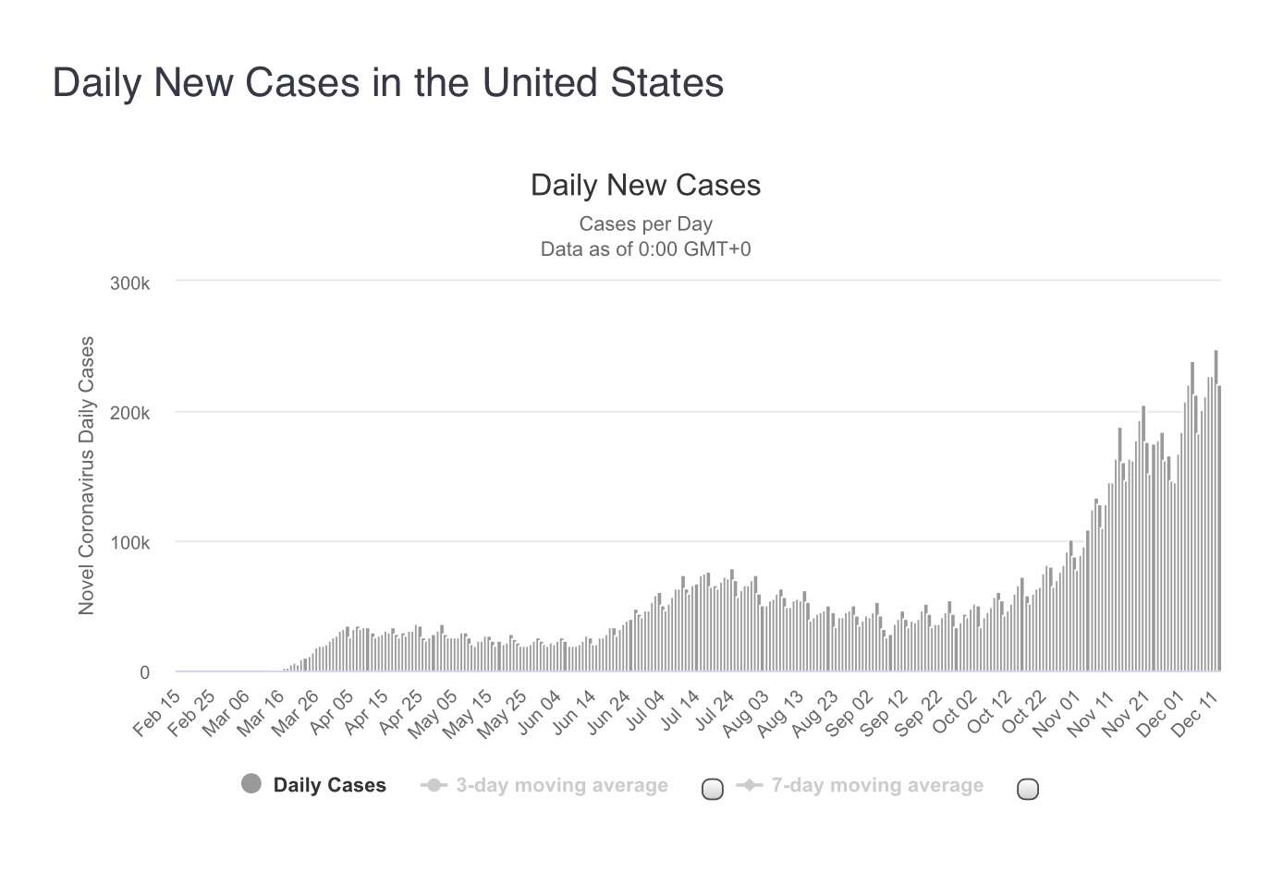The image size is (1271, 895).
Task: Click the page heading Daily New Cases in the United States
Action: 388,82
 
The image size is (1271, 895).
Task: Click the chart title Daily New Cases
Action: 645,185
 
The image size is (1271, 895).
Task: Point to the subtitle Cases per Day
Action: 645,224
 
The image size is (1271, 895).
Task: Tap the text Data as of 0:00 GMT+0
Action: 645,248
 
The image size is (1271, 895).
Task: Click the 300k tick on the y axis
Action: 129,283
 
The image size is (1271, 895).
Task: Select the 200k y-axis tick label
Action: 129,413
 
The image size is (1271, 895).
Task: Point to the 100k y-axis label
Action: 129,543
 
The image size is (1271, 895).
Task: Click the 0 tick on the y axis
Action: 144,672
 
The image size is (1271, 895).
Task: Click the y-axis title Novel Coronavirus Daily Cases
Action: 87,475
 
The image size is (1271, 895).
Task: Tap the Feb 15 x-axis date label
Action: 158,713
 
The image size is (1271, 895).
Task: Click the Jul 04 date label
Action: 644,713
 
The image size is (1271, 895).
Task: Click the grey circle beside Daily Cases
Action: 251,784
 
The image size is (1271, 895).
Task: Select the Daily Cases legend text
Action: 329,785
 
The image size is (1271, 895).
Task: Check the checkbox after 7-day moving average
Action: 1027,789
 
